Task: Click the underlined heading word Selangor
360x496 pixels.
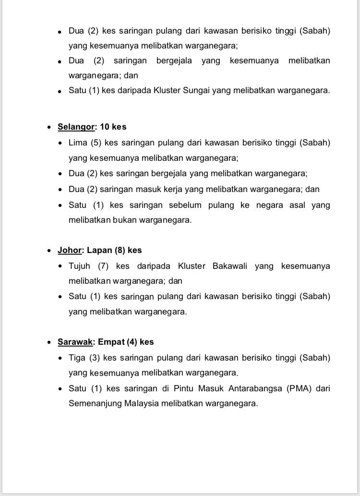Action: pyautogui.click(x=76, y=127)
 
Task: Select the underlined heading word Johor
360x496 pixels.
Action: pyautogui.click(x=70, y=250)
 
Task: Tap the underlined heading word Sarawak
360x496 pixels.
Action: pyautogui.click(x=75, y=342)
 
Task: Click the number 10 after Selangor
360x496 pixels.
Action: pyautogui.click(x=105, y=127)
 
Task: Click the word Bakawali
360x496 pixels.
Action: pyautogui.click(x=230, y=266)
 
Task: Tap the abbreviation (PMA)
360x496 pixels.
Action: pyautogui.click(x=298, y=388)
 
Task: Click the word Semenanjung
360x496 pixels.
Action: pyautogui.click(x=95, y=403)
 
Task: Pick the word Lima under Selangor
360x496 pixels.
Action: pyautogui.click(x=78, y=143)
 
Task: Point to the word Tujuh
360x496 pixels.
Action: pyautogui.click(x=79, y=266)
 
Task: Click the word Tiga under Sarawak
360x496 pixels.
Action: pyautogui.click(x=77, y=358)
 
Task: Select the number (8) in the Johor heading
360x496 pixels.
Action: pyautogui.click(x=120, y=250)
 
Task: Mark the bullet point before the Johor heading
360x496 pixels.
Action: pyautogui.click(x=50, y=251)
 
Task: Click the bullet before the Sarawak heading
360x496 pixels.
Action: pyautogui.click(x=50, y=342)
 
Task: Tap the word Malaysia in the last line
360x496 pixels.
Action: pyautogui.click(x=143, y=403)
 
